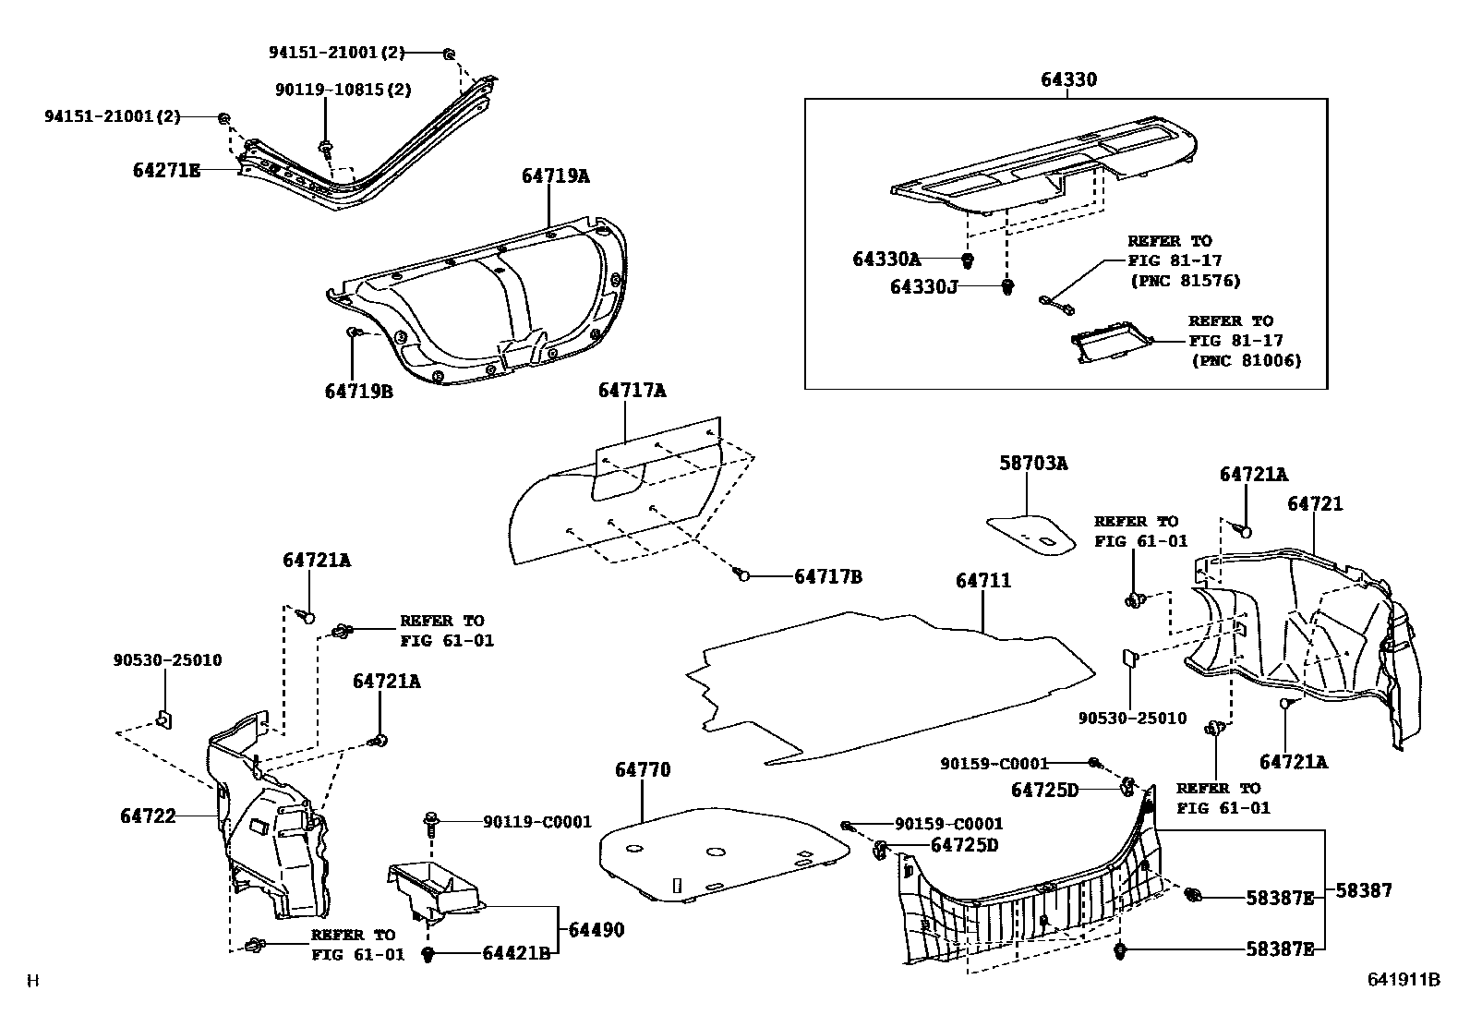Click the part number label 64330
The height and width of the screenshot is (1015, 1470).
1069,79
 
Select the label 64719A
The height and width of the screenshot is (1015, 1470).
555,175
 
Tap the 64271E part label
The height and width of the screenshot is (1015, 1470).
166,170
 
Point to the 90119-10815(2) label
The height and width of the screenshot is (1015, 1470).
343,90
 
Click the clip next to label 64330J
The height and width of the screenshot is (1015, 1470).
1008,286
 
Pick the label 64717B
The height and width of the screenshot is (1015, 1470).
828,576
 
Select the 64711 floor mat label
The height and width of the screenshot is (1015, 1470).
983,580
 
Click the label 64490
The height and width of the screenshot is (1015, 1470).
596,929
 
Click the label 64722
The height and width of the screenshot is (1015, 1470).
148,816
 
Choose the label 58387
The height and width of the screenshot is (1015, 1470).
1363,890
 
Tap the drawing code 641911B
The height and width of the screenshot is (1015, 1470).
1404,980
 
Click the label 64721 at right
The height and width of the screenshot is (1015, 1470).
1316,503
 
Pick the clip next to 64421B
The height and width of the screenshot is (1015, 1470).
428,954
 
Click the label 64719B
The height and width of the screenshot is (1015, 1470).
359,391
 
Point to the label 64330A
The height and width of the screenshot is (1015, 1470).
886,260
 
